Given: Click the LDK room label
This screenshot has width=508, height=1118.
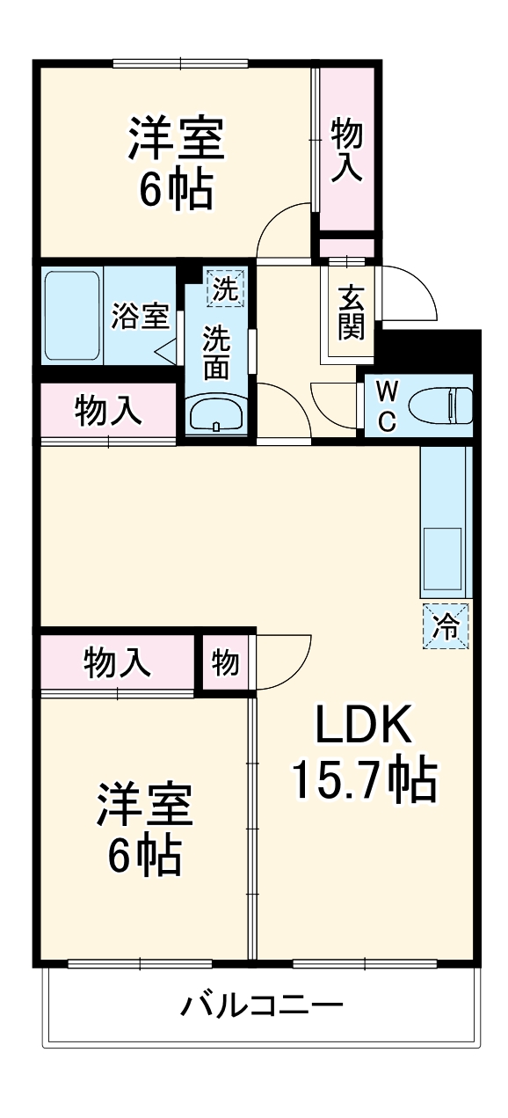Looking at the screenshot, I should pos(364,726).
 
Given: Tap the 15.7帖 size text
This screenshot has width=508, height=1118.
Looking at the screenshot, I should pos(364,779).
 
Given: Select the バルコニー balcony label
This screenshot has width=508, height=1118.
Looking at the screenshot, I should pos(261,1005).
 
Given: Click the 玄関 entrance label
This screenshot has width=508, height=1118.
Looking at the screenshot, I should pos(350,312).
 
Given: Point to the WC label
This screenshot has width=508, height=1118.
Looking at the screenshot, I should pos(386,406).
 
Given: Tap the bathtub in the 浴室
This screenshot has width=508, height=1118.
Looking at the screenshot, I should pos(72,315).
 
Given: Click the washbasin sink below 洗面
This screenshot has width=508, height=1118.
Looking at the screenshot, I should pos(216,413).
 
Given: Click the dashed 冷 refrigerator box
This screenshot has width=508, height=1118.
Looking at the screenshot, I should pos(446,627).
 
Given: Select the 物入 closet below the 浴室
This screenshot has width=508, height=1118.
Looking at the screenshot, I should pos(108,411).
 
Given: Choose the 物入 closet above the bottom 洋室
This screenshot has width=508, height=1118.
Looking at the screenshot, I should pos(117,661).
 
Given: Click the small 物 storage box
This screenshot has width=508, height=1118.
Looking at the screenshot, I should pos(225,663).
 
